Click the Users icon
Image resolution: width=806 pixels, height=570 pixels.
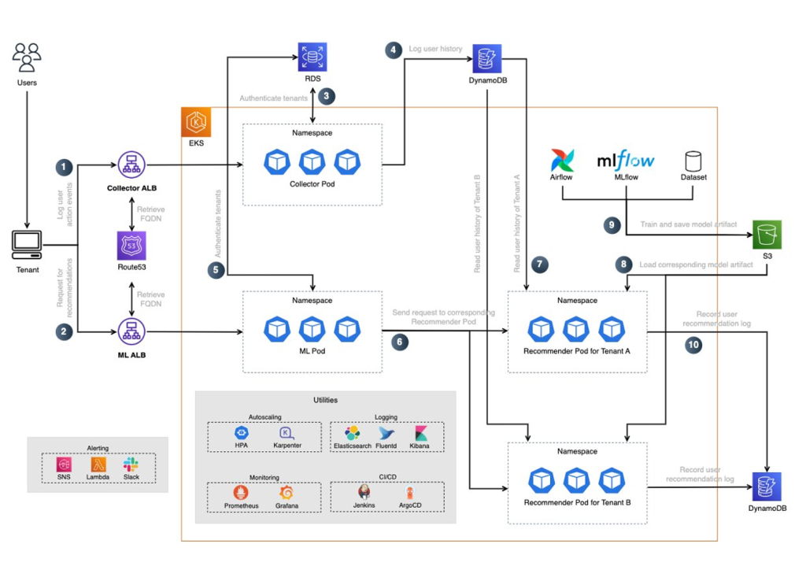click(x=27, y=58)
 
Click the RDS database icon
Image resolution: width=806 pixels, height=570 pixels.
click(x=312, y=57)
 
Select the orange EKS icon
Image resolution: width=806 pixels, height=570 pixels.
click(x=195, y=123)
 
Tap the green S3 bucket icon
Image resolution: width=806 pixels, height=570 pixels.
click(x=767, y=235)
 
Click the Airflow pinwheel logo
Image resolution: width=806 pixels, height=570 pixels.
click(x=562, y=160)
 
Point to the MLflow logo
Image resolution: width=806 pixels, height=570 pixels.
click(x=625, y=160)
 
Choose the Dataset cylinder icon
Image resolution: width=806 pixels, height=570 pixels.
click(x=693, y=161)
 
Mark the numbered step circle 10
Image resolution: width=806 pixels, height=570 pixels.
click(x=693, y=344)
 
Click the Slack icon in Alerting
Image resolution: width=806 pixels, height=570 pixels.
click(x=131, y=465)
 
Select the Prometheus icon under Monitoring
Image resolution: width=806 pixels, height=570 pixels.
click(x=242, y=494)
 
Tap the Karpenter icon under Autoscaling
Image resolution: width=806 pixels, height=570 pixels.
click(x=286, y=433)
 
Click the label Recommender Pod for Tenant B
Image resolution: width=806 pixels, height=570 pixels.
click(x=576, y=502)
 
